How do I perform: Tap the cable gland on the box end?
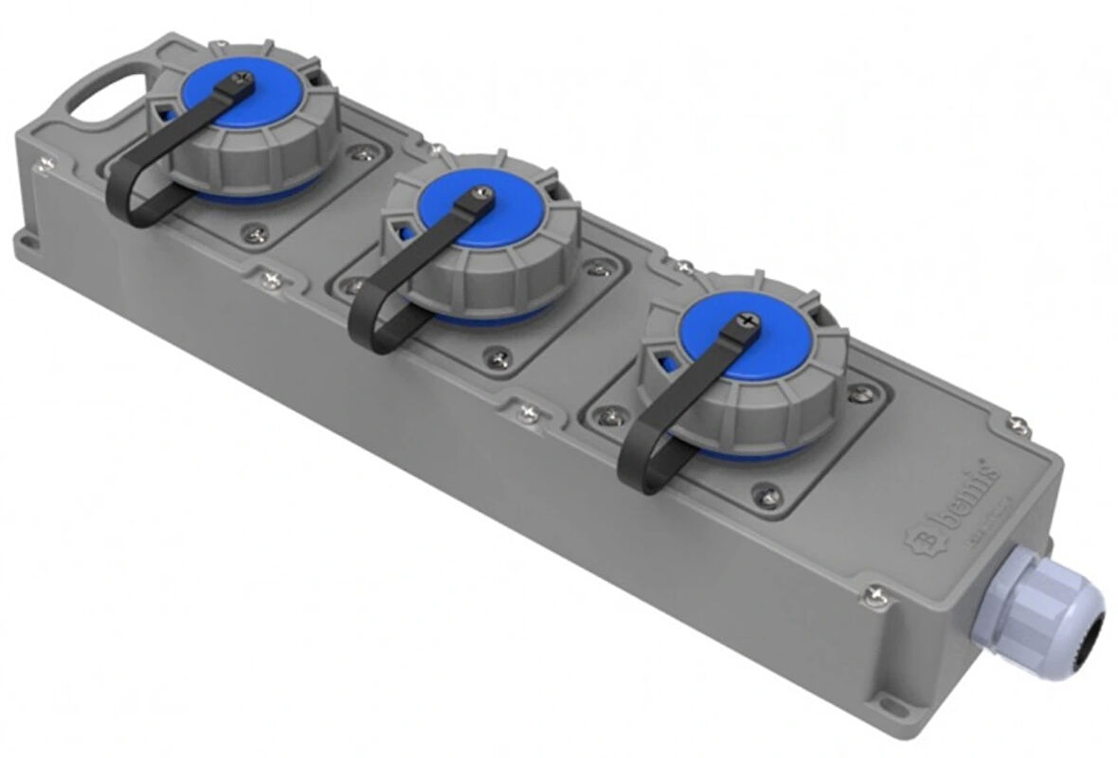(1052, 607)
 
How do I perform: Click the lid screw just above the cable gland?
(1018, 425)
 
